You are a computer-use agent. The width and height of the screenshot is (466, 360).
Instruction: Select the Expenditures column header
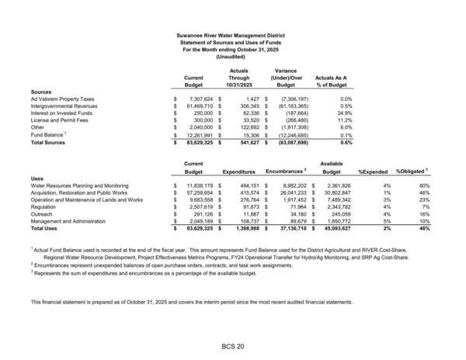[238, 169]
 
